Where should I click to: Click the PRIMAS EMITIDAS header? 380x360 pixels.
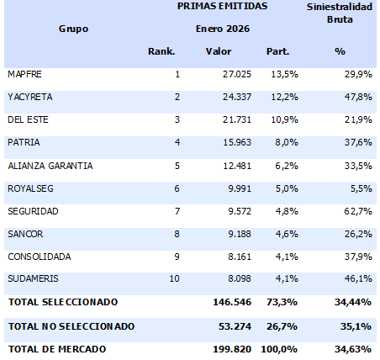point(222,6)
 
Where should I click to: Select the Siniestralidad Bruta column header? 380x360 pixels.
point(340,13)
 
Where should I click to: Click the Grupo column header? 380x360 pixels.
point(73,29)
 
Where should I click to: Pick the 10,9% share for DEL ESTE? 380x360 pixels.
point(277,120)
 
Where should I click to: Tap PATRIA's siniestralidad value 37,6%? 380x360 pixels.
point(357,143)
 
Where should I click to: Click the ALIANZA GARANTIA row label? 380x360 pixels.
point(50,166)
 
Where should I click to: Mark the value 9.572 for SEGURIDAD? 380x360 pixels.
point(225,211)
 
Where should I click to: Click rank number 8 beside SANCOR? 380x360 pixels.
point(177,234)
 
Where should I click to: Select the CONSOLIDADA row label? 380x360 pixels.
point(39,257)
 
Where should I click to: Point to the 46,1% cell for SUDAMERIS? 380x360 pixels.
point(357,279)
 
